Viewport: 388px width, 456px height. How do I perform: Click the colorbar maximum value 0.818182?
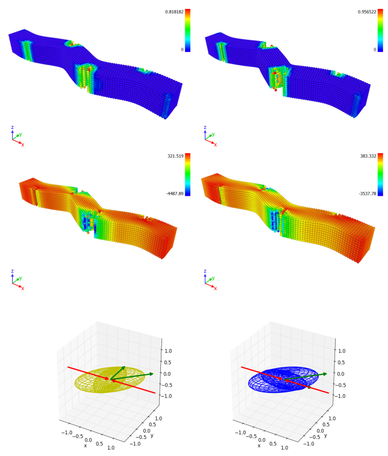click(x=174, y=12)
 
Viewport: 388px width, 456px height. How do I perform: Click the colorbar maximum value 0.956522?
click(x=367, y=12)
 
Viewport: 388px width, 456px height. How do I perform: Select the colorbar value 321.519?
click(x=175, y=156)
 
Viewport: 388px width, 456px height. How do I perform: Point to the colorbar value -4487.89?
click(x=175, y=194)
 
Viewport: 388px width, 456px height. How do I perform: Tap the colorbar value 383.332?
click(x=368, y=156)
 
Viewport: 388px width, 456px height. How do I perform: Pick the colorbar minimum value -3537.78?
click(x=367, y=194)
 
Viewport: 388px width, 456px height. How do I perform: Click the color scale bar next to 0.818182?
click(x=187, y=31)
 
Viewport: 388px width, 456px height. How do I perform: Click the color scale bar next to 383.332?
click(x=380, y=174)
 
